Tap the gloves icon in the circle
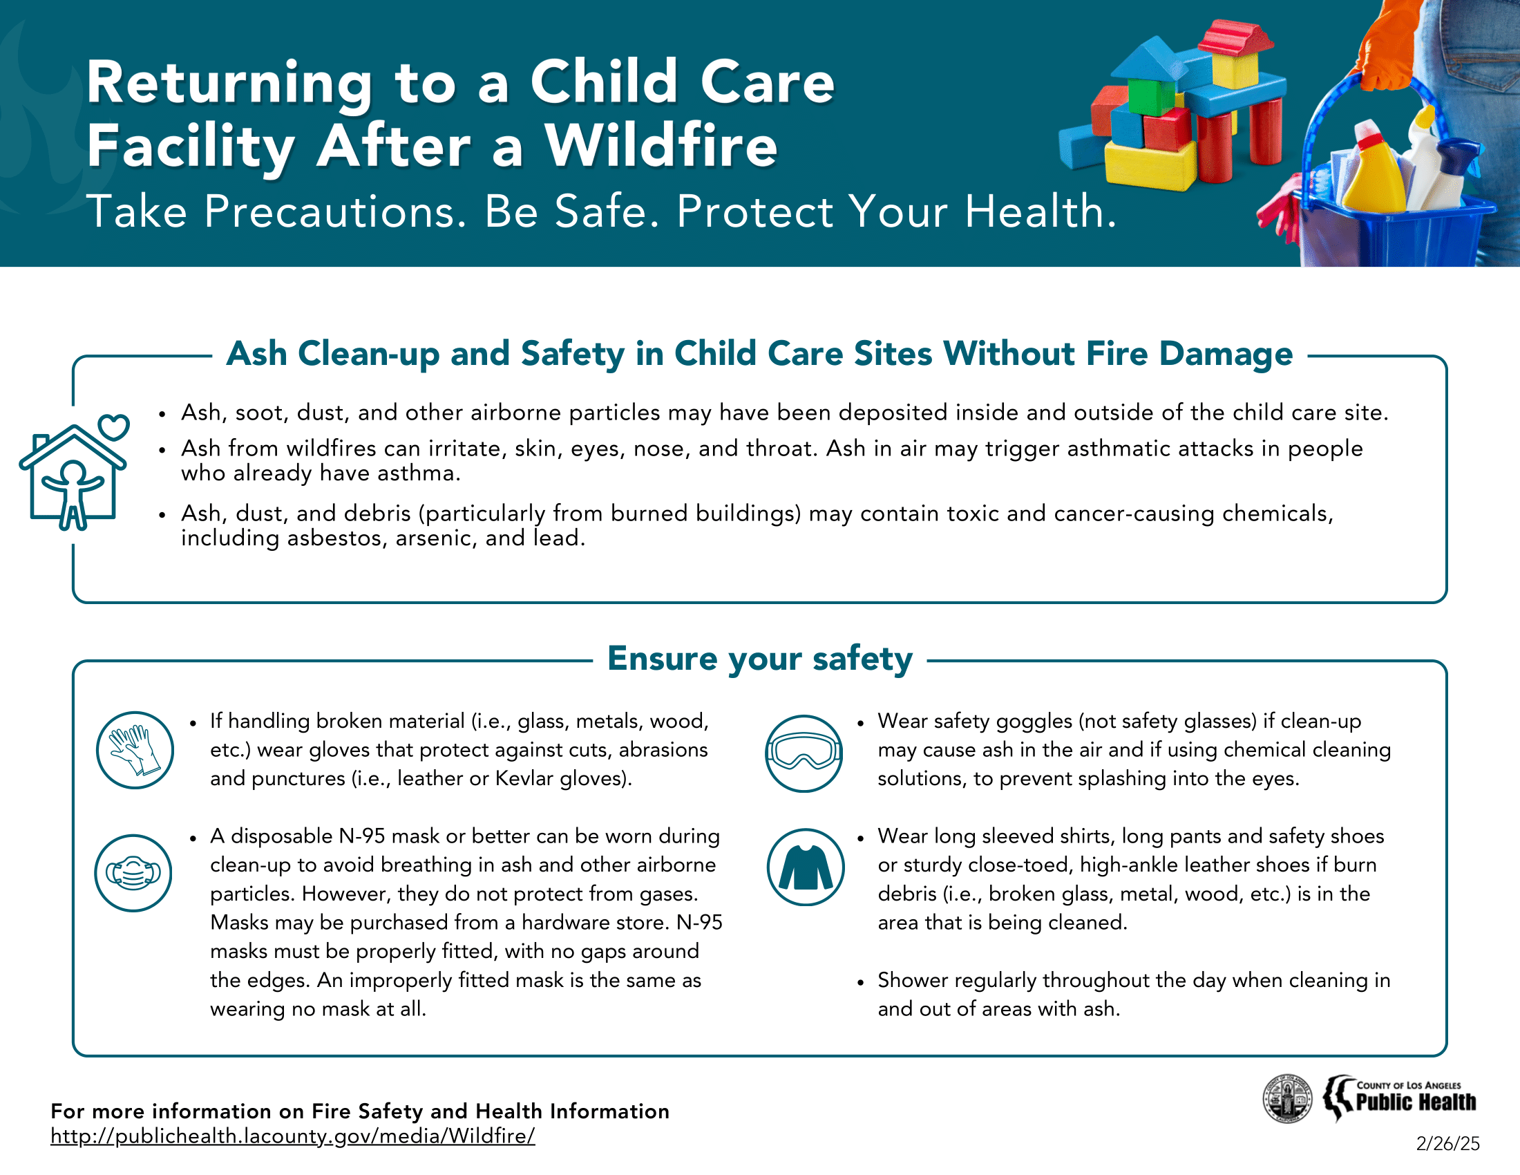(x=134, y=750)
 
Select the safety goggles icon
(x=803, y=753)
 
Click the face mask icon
(x=133, y=873)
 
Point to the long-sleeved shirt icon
(x=805, y=867)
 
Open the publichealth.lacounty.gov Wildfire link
(x=292, y=1136)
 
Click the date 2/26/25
(x=1447, y=1144)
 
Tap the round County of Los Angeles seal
(x=1287, y=1099)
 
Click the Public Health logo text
(x=1416, y=1102)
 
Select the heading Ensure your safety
(x=759, y=659)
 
